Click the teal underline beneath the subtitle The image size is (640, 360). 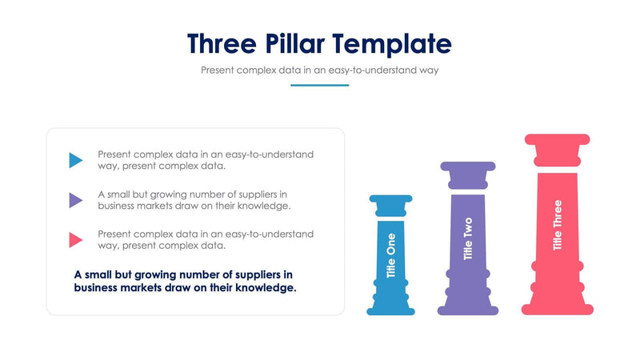pos(319,85)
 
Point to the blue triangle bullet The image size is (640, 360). pos(75,160)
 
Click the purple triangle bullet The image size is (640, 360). pos(75,199)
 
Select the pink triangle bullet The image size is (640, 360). pos(75,239)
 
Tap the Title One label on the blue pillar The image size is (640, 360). pos(390,255)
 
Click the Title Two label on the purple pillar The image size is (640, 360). pos(468,238)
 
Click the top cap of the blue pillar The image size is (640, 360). pos(390,198)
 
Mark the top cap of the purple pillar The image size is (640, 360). pos(468,167)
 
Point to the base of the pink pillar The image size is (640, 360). pos(558,308)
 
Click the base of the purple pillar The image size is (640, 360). pos(468,309)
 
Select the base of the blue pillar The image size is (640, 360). pos(390,309)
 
